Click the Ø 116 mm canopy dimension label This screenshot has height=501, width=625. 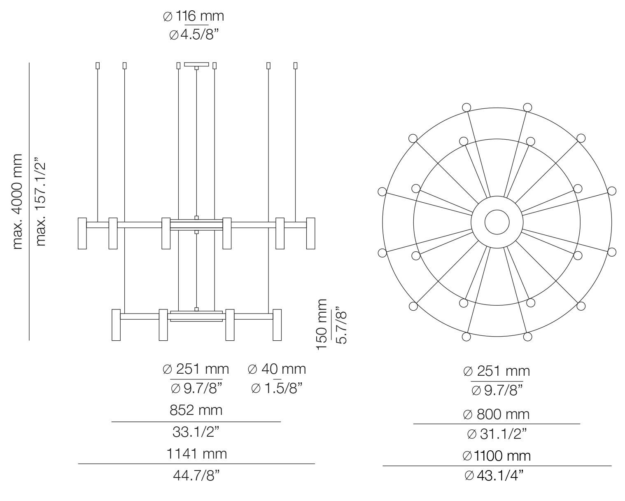tap(194, 16)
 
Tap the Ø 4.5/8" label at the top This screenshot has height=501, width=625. tap(194, 35)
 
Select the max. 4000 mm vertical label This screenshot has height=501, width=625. tap(17, 202)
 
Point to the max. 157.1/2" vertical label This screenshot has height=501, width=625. tap(40, 202)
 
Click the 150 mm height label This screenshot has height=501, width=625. tap(322, 324)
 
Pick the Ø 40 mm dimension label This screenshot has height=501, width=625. tap(277, 369)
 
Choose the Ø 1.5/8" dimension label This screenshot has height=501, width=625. tap(277, 388)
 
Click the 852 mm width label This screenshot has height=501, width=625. tap(196, 410)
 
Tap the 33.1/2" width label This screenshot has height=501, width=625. tap(196, 432)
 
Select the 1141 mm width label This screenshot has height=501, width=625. tap(196, 454)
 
